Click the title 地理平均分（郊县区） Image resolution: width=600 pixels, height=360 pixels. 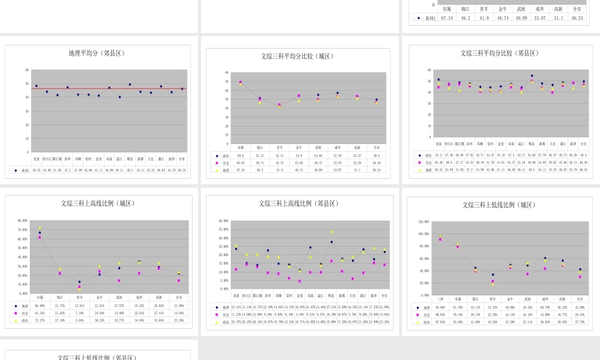pos(97,53)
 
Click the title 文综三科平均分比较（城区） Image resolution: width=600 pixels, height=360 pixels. pos(298,56)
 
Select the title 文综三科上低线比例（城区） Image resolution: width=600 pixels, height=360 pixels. pos(499,205)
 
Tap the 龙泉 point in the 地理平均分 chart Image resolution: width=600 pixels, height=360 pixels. pos(37,86)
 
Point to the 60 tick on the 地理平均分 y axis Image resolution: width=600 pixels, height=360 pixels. pos(27,70)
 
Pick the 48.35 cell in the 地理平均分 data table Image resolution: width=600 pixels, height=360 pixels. pos(37,170)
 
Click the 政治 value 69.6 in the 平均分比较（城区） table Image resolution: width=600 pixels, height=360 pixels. pos(241,155)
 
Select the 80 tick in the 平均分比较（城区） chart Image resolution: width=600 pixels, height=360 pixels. pos(227,73)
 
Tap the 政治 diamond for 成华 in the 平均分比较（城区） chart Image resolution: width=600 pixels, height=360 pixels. pos(338,93)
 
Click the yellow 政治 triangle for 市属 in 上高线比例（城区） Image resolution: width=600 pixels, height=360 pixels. pos(40,227)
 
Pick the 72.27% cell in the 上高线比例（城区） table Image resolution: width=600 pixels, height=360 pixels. pos(40,320)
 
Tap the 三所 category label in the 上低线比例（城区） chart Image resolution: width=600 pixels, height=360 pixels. pos(440,299)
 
